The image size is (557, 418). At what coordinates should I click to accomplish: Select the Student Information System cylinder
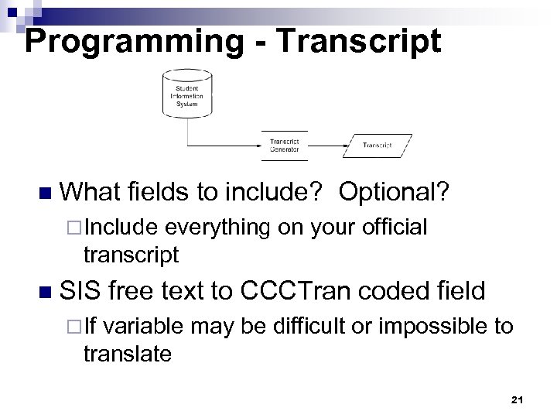coord(186,96)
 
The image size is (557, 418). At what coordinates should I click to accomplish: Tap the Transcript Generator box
coord(285,145)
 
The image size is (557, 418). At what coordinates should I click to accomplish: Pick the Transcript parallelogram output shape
coord(377,145)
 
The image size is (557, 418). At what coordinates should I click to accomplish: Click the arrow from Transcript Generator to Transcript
coord(325,145)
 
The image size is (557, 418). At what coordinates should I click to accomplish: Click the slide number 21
coord(518,399)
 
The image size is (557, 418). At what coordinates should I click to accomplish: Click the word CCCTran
coord(302,291)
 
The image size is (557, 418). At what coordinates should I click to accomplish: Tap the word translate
coord(127,354)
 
